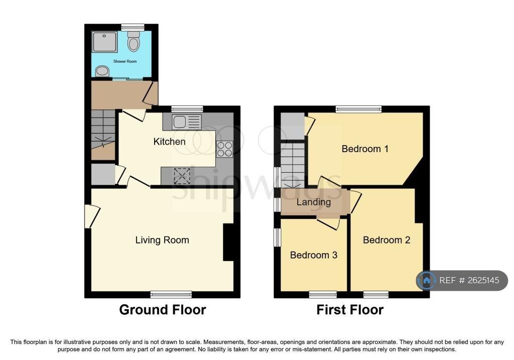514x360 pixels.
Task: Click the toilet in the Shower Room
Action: [x=134, y=41]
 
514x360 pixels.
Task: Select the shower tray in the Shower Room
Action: [x=104, y=42]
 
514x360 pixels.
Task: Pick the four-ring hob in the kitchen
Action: [x=224, y=149]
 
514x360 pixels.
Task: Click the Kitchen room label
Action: [x=170, y=142]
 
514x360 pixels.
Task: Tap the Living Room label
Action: [x=162, y=241]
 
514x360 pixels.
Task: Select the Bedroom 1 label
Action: [x=365, y=149]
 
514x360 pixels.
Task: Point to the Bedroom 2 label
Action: [x=387, y=240]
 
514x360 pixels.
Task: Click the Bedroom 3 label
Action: [x=314, y=255]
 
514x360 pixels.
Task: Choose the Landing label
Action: [x=314, y=202]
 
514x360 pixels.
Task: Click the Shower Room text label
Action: [x=125, y=61]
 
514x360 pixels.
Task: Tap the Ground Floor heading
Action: [x=163, y=310]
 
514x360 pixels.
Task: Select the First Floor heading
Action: [x=350, y=310]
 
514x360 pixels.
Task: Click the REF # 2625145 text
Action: [x=469, y=280]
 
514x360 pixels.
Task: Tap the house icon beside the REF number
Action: [x=427, y=280]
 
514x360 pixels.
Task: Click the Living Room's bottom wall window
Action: [x=171, y=295]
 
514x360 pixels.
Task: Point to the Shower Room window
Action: [x=133, y=27]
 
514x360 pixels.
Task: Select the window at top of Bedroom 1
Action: [x=359, y=109]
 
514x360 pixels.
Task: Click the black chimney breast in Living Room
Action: [x=228, y=243]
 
